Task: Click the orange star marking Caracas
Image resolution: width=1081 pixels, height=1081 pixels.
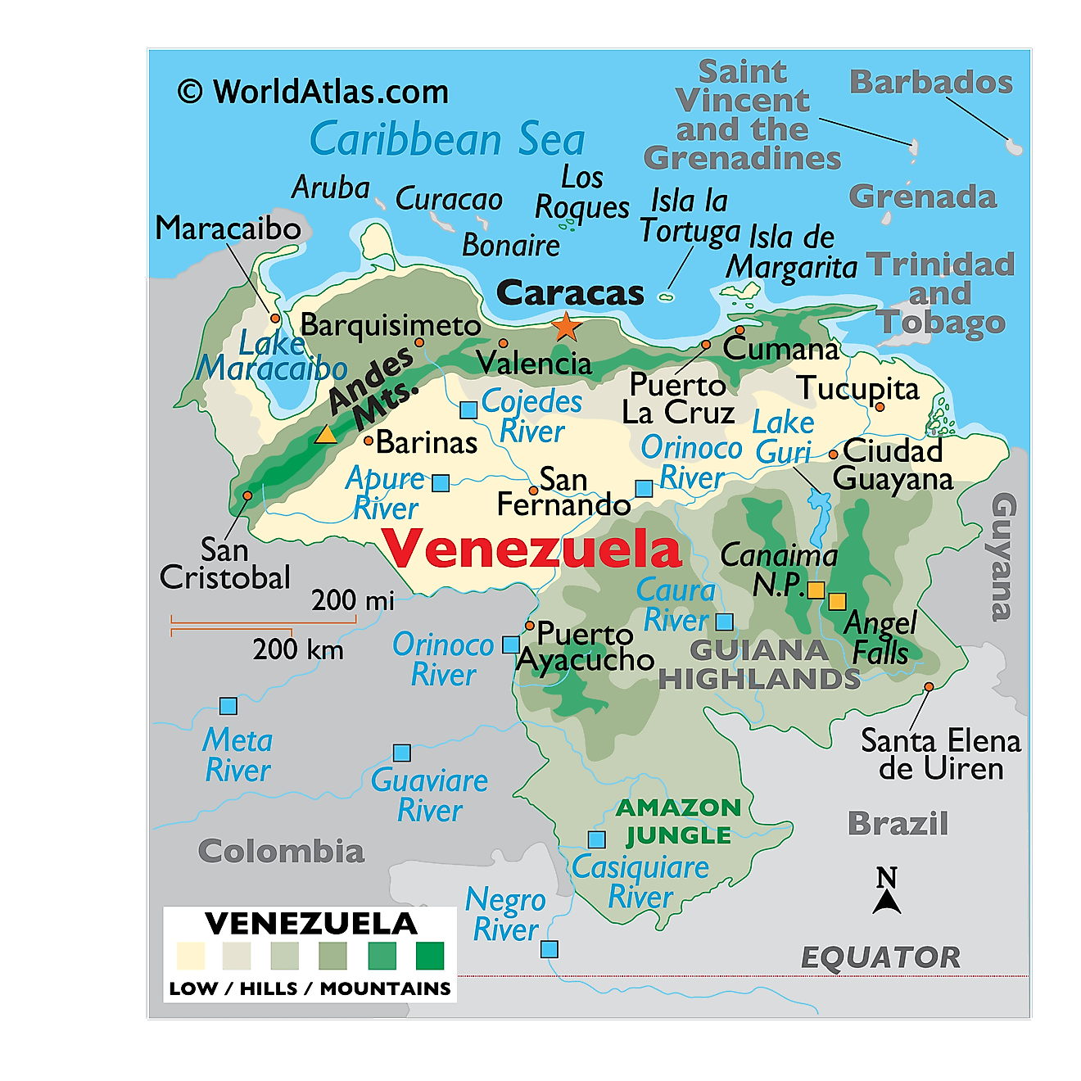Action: (x=566, y=327)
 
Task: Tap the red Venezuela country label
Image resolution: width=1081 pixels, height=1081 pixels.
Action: (x=531, y=549)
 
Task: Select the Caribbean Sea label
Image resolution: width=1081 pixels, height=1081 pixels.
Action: (x=447, y=139)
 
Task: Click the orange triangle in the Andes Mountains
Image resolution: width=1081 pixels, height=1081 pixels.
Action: (x=326, y=435)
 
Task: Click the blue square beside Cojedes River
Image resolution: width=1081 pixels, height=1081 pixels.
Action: (x=468, y=409)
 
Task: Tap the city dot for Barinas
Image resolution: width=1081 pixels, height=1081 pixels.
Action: (x=369, y=441)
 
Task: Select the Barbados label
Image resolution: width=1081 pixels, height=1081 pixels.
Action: (x=931, y=82)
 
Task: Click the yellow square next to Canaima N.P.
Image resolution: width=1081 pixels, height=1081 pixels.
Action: (x=816, y=590)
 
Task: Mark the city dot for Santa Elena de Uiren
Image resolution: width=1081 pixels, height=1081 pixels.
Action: (x=929, y=687)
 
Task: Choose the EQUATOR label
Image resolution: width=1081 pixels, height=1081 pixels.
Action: (x=880, y=957)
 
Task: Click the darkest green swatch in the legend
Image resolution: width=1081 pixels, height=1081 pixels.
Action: (x=430, y=956)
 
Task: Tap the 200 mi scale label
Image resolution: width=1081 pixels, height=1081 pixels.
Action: (x=352, y=600)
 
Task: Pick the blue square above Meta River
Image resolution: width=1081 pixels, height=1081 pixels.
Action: (x=228, y=706)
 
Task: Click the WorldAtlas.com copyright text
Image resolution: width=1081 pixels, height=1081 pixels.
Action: (x=314, y=92)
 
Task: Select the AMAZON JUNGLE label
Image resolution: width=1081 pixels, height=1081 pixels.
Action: (x=678, y=821)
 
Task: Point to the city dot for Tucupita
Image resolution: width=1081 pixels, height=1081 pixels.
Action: (x=880, y=407)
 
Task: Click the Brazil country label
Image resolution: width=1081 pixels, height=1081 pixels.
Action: (x=898, y=823)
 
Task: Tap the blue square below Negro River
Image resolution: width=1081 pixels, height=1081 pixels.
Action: (x=550, y=949)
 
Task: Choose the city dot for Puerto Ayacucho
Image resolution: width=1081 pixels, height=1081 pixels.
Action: (x=530, y=626)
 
